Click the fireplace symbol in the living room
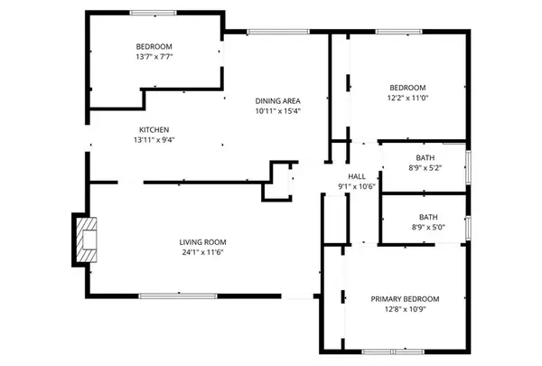point(87,239)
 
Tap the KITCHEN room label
point(154,129)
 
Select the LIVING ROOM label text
point(202,242)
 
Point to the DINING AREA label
point(277,100)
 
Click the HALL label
point(357,176)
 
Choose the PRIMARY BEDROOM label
point(405,299)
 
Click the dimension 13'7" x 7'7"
point(154,57)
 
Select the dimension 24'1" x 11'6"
point(202,253)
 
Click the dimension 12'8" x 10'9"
point(405,310)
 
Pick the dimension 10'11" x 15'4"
point(277,111)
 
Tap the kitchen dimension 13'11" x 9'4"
point(154,140)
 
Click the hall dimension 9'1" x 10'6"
point(357,187)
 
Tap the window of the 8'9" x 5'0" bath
point(468,226)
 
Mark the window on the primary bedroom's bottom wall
point(389,351)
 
